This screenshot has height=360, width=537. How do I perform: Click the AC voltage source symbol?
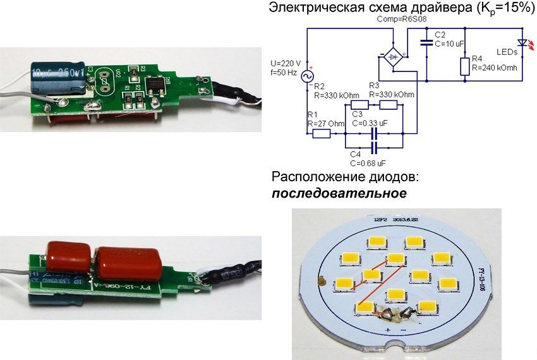(x=310, y=76)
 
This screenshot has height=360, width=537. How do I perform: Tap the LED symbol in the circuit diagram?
(x=522, y=44)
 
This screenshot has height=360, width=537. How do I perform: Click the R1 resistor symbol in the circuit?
(x=322, y=134)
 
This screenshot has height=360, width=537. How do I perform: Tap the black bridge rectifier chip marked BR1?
(x=154, y=83)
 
